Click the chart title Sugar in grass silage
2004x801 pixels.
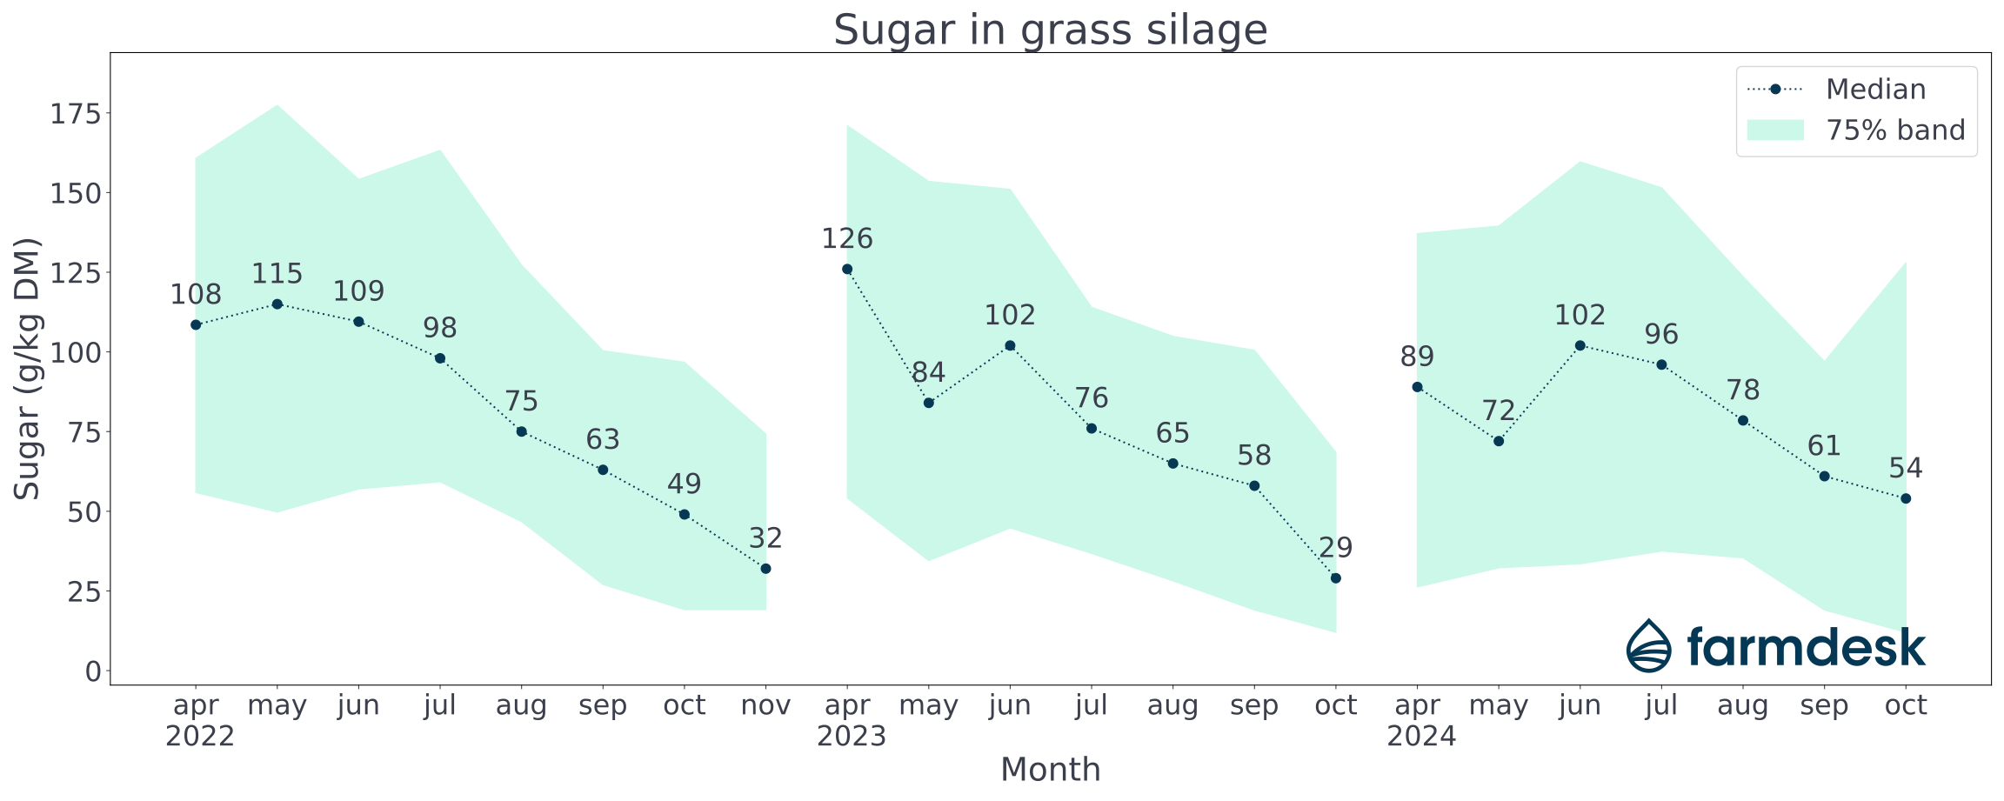pyautogui.click(x=1050, y=30)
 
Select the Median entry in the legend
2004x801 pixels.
pyautogui.click(x=1875, y=90)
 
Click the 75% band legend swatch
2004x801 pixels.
pyautogui.click(x=1775, y=130)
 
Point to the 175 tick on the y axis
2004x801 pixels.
pyautogui.click(x=75, y=114)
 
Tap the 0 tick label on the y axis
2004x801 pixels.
pyautogui.click(x=92, y=671)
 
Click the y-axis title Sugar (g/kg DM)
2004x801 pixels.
pyautogui.click(x=28, y=369)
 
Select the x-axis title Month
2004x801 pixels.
pyautogui.click(x=1050, y=770)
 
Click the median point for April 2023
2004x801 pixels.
pyautogui.click(x=847, y=270)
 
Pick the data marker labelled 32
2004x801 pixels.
pyautogui.click(x=765, y=569)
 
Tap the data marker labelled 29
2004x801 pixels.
pyautogui.click(x=1336, y=578)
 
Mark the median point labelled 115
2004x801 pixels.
pyautogui.click(x=277, y=304)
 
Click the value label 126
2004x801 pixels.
pyautogui.click(x=847, y=238)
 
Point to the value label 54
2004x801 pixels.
pyautogui.click(x=1906, y=469)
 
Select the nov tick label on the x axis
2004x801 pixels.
pyautogui.click(x=765, y=705)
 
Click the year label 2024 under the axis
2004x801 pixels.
pyautogui.click(x=1421, y=737)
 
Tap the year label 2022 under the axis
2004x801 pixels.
pyautogui.click(x=200, y=737)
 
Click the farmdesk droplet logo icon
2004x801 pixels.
pyautogui.click(x=1649, y=646)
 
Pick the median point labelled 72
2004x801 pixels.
pyautogui.click(x=1499, y=441)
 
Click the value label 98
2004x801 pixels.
pyautogui.click(x=440, y=328)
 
